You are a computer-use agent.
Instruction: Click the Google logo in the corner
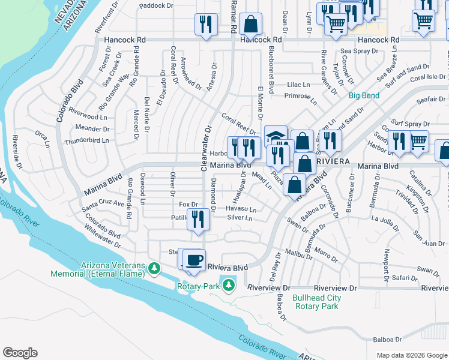click(20, 353)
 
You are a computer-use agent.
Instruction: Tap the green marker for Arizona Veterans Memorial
click(155, 268)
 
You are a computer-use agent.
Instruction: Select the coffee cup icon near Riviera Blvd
click(194, 260)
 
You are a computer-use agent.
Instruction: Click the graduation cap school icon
click(276, 136)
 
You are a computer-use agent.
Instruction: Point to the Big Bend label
click(364, 95)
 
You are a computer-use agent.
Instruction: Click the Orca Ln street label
click(42, 139)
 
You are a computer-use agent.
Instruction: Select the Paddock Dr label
click(155, 5)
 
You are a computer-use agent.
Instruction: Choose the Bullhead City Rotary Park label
click(316, 302)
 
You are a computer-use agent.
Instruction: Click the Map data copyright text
click(411, 355)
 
